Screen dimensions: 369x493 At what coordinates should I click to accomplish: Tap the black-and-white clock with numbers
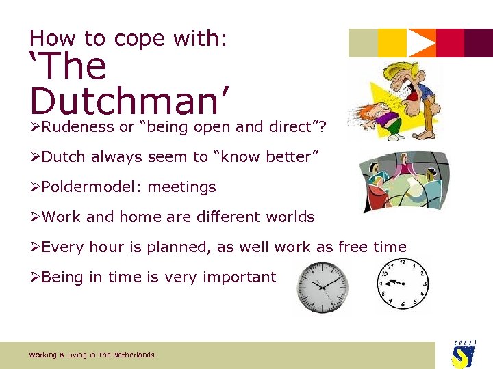pos(403,284)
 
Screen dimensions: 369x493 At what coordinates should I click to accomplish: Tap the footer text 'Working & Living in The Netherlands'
pos(92,355)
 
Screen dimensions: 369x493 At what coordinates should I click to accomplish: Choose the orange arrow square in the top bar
pos(421,43)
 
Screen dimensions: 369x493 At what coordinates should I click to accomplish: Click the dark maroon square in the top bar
pos(479,43)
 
